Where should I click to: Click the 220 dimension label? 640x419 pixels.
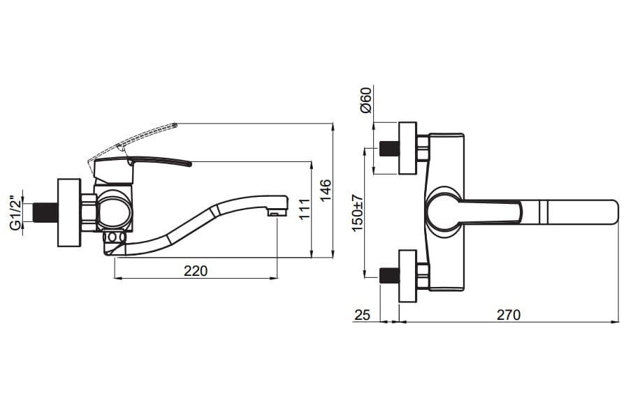pyautogui.click(x=196, y=270)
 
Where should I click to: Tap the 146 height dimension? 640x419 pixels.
pyautogui.click(x=326, y=190)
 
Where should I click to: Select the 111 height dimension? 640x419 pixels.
pyautogui.click(x=305, y=209)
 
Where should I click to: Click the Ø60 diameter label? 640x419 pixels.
pyautogui.click(x=365, y=100)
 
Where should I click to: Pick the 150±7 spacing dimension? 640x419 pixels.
pyautogui.click(x=357, y=212)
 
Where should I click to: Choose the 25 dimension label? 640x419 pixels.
pyautogui.click(x=362, y=315)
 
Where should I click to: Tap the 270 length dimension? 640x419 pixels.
pyautogui.click(x=509, y=315)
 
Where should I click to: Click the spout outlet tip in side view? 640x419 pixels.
pyautogui.click(x=278, y=213)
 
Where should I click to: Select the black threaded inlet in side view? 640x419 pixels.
pyautogui.click(x=45, y=212)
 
